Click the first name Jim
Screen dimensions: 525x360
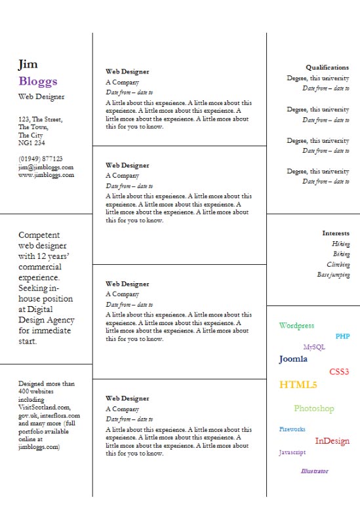[28, 64]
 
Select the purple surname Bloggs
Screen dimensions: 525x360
[38, 81]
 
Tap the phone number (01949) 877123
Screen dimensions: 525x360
[41, 159]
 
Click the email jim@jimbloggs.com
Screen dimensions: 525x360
[46, 167]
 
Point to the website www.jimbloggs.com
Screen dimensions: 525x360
[46, 175]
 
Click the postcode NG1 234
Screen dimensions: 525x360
[31, 143]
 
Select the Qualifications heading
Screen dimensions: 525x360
[327, 68]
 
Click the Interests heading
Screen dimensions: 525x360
[336, 233]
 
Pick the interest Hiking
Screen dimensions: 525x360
[341, 244]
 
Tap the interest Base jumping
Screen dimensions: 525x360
[334, 275]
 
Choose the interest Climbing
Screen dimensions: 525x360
[338, 265]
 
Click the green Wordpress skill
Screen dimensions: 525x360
[296, 326]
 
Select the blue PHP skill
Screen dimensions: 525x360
[342, 336]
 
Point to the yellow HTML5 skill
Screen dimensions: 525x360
[298, 385]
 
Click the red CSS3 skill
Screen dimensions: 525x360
[339, 372]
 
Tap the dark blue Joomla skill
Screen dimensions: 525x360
[293, 359]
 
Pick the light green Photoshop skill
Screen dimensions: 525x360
[314, 409]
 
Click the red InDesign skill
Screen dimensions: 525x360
[332, 441]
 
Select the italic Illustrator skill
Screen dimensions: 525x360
[315, 471]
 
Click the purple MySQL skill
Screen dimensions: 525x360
[314, 347]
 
